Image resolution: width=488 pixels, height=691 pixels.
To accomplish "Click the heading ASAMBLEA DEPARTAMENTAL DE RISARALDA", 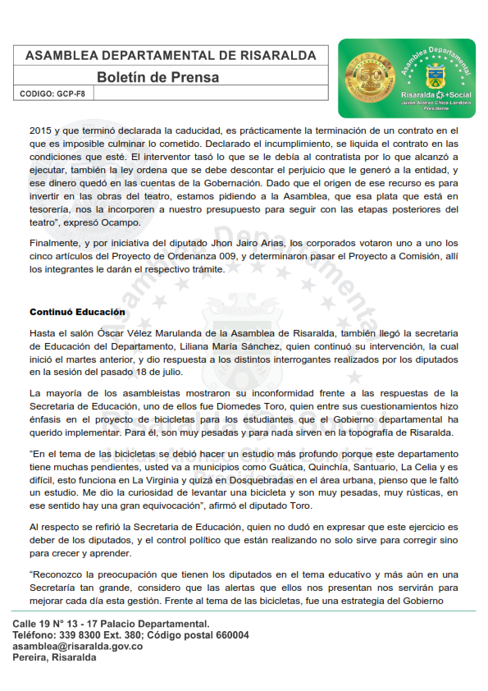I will (x=171, y=56).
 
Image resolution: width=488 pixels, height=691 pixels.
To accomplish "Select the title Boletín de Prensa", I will (x=157, y=78).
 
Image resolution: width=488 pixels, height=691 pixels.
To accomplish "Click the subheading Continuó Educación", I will (x=77, y=313).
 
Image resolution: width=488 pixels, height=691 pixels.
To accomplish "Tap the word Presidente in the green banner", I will (x=436, y=108).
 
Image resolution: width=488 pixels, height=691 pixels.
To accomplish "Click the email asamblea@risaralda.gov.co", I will (x=78, y=647).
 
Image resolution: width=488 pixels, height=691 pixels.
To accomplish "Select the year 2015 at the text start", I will (x=41, y=131).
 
